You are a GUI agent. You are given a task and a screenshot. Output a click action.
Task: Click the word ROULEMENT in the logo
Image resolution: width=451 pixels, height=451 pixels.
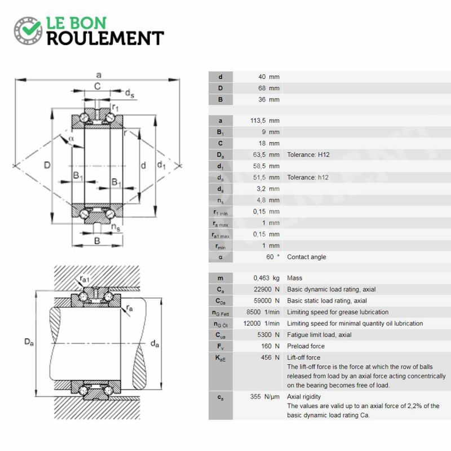tap(105, 38)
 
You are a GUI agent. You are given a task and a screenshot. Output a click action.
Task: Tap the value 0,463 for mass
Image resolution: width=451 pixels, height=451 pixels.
tap(261, 278)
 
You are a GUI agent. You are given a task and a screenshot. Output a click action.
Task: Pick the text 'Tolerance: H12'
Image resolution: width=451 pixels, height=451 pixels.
tap(308, 154)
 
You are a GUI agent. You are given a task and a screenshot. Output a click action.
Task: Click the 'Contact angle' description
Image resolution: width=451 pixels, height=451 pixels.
tap(306, 257)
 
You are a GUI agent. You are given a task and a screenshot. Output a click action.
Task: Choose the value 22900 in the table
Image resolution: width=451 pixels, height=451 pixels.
tap(262, 289)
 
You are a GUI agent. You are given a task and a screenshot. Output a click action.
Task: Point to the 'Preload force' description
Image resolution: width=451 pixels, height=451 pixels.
tap(306, 346)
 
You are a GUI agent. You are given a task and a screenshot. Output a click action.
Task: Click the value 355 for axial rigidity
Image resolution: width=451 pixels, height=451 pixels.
tap(255, 397)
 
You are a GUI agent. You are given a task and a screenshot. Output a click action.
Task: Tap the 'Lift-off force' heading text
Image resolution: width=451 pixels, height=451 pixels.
tap(303, 357)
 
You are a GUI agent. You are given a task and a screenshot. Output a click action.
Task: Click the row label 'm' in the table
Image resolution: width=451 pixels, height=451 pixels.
tap(220, 278)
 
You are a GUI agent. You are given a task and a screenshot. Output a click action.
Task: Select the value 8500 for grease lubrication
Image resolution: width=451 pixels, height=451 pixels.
tap(253, 312)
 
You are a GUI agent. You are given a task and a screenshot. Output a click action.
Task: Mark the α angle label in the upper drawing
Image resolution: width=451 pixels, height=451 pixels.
tap(71, 139)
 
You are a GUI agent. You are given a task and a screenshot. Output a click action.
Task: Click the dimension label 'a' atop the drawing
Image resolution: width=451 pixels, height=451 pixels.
tap(99, 76)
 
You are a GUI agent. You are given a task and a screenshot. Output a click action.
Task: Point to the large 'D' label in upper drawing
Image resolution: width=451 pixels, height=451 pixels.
tap(47, 165)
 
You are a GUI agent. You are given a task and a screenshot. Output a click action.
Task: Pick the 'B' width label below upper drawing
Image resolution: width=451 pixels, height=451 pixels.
tap(97, 241)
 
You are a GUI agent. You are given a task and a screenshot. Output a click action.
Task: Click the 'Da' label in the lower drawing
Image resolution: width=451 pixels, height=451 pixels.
tap(29, 342)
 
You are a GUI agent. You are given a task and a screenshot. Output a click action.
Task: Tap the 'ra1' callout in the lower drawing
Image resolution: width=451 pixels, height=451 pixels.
tap(85, 279)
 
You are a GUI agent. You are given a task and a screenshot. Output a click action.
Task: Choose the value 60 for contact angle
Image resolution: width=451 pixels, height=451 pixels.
tap(270, 257)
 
